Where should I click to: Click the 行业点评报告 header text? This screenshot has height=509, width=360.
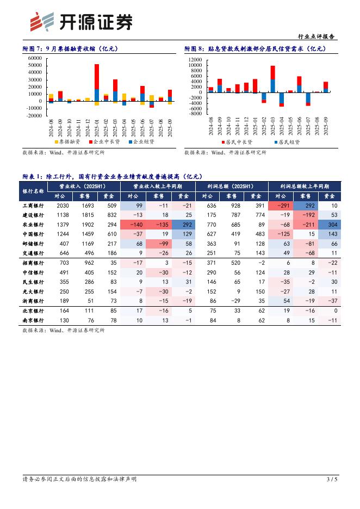(318, 37)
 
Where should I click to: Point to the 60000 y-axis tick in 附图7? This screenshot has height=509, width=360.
(34, 58)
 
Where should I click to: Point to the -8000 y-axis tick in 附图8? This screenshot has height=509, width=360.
(195, 114)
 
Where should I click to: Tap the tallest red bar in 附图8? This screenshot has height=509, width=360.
(272, 73)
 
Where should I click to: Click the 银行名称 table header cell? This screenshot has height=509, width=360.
(33, 191)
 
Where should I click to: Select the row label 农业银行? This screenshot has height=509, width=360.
(33, 225)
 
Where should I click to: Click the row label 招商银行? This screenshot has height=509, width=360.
(33, 263)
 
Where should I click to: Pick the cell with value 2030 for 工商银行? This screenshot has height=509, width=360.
(63, 206)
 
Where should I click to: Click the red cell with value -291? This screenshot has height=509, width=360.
(282, 206)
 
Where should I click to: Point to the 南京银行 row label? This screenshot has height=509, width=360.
(33, 320)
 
